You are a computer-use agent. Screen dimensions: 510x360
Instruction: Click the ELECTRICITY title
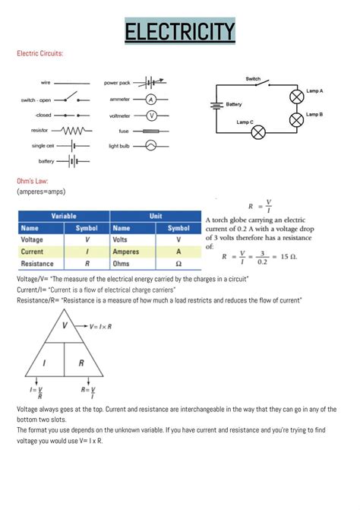pos(180,32)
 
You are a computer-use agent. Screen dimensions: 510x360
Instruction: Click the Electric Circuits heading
pos(39,54)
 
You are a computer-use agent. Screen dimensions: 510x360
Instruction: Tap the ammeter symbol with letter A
pos(150,100)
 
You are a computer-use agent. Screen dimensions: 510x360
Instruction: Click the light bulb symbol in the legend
pos(150,144)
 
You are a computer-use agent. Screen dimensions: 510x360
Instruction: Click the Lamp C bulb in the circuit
pos(258,132)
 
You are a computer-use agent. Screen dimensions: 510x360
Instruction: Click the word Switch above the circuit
pos(253,79)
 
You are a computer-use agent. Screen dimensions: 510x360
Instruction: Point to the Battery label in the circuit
pos(234,104)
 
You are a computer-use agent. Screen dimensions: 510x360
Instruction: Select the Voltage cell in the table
pos(32,239)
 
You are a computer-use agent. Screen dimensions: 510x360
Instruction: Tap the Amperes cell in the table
pos(126,252)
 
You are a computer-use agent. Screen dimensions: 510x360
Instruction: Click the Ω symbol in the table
pos(178,264)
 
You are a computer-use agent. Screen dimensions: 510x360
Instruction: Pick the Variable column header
pos(63,216)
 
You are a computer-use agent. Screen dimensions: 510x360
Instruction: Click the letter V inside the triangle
pos(65,325)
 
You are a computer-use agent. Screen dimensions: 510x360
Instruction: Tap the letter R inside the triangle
pos(81,364)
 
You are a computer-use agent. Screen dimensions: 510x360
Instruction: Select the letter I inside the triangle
pos(44,364)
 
